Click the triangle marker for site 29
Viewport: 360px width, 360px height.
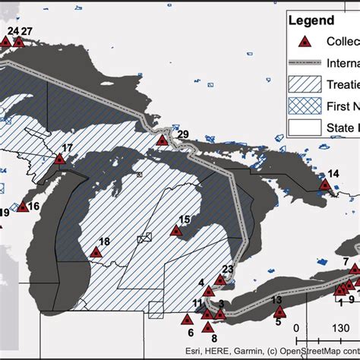162,140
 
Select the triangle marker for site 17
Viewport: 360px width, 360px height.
59,159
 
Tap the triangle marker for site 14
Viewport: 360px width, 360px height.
325,184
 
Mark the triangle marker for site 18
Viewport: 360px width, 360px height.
96,252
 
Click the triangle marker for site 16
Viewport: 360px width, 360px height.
21,207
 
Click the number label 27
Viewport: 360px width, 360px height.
27,31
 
